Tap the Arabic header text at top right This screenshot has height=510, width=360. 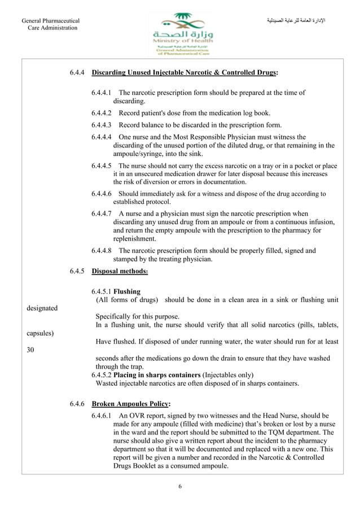297,21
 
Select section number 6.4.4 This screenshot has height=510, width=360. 77,73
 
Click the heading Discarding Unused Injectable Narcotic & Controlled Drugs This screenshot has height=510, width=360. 185,73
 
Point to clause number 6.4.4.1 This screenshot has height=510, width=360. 102,93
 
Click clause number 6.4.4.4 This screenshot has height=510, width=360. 102,137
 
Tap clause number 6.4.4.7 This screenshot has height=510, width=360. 102,214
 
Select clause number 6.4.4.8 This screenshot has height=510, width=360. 102,250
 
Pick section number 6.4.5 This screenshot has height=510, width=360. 77,271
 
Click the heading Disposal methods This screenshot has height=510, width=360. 120,271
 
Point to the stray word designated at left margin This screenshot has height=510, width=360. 42,308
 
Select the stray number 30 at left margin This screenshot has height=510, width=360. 31,350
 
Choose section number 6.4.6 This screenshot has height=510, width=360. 77,404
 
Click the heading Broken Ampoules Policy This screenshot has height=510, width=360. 130,404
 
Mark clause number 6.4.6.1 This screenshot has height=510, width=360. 102,415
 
